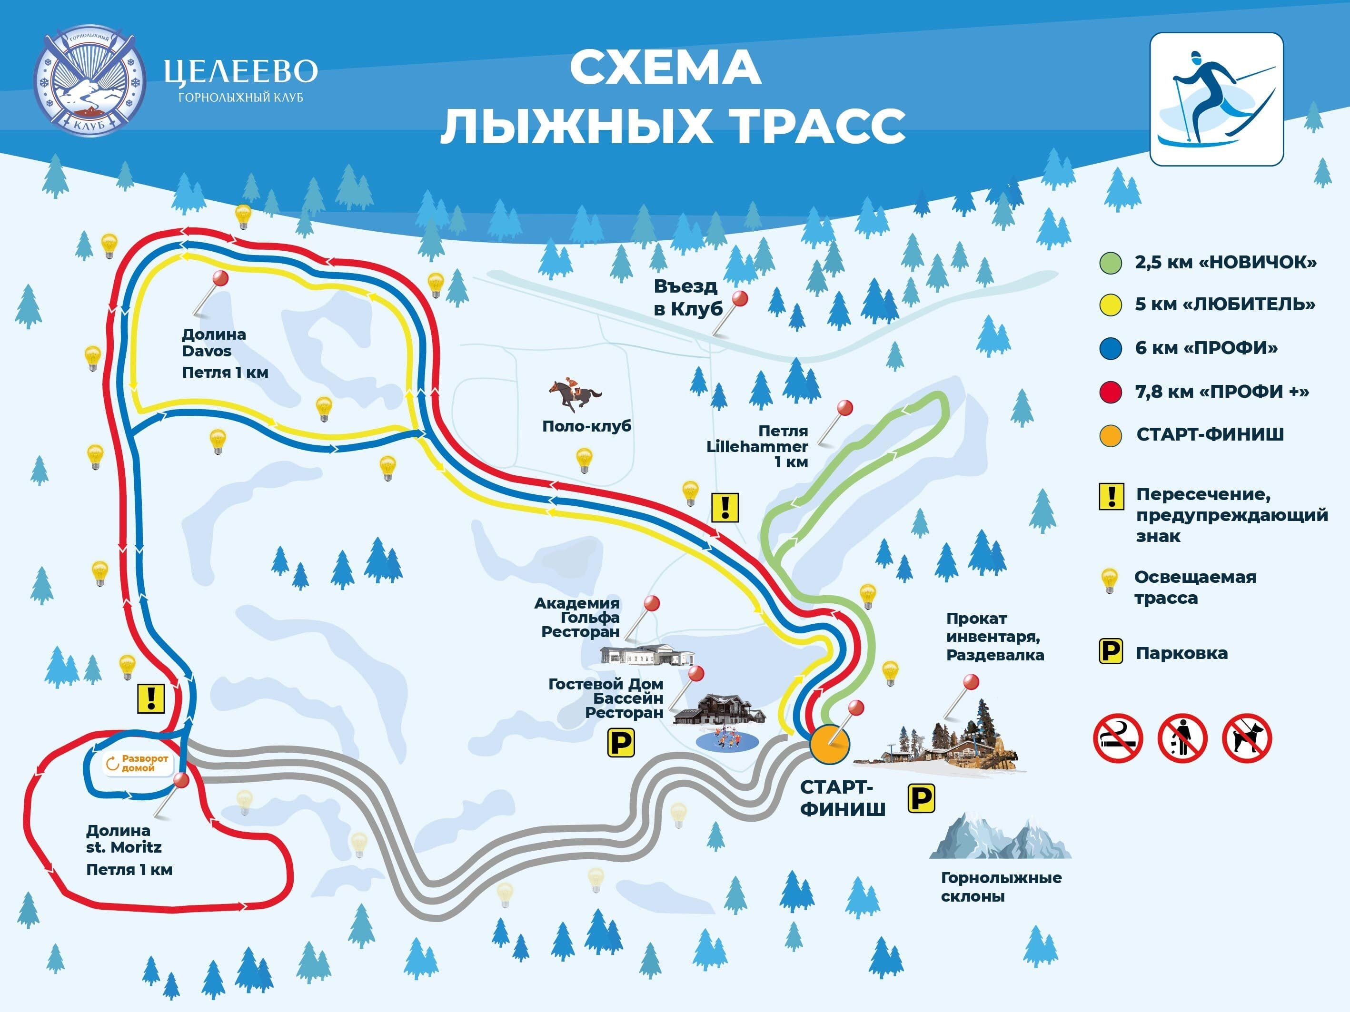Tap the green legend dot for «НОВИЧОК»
coord(1110,263)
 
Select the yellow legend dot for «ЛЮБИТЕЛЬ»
coord(1110,305)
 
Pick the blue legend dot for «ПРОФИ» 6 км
coord(1110,349)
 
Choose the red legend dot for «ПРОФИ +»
coord(1110,392)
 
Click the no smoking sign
coord(1118,739)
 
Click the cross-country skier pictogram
coord(1216,99)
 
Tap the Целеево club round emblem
coord(89,81)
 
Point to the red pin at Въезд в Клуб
coord(740,298)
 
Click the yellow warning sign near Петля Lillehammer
coord(725,507)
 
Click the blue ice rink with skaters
coord(726,740)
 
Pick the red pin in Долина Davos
coord(220,279)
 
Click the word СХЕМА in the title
coord(665,69)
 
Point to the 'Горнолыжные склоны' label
coord(1001,887)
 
